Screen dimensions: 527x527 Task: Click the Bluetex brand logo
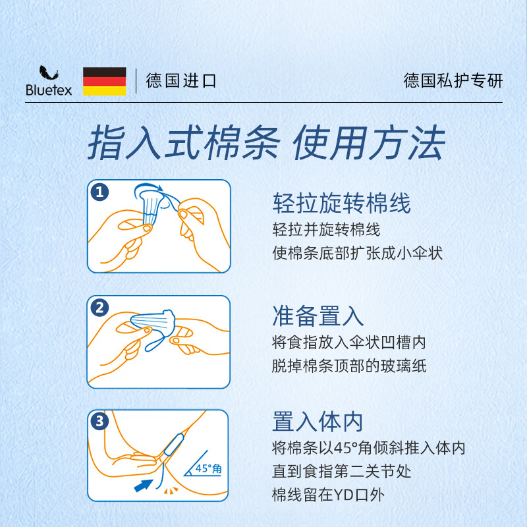[x=48, y=81]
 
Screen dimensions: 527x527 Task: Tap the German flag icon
[x=104, y=81]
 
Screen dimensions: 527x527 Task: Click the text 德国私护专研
[x=453, y=81]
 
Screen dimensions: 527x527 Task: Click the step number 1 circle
[x=99, y=192]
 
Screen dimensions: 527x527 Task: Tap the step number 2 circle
[x=99, y=307]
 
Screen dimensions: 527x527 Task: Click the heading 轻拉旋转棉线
[x=341, y=204]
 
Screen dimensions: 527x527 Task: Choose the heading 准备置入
[x=318, y=316]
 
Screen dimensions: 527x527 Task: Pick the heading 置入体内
[x=318, y=422]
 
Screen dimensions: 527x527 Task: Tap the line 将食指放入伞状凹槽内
[x=348, y=343]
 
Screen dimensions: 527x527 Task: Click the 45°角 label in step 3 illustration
[x=209, y=469]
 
